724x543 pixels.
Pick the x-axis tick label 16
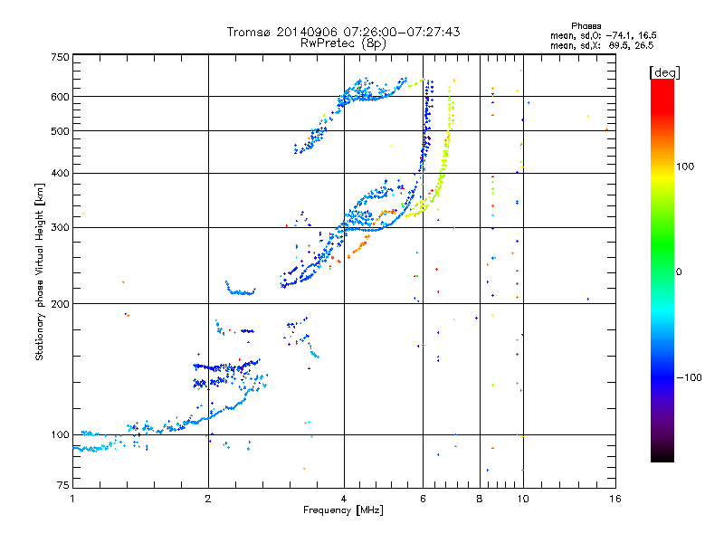pos(614,499)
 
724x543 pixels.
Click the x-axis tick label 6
pos(423,499)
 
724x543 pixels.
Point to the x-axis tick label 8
pos(480,499)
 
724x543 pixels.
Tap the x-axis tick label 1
pos(72,499)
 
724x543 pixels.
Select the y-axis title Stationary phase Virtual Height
pos(40,272)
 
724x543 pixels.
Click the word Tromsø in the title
pos(251,32)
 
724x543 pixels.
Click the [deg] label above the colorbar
pos(664,71)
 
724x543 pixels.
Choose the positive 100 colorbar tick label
pos(686,167)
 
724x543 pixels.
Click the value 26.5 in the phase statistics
pos(643,44)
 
